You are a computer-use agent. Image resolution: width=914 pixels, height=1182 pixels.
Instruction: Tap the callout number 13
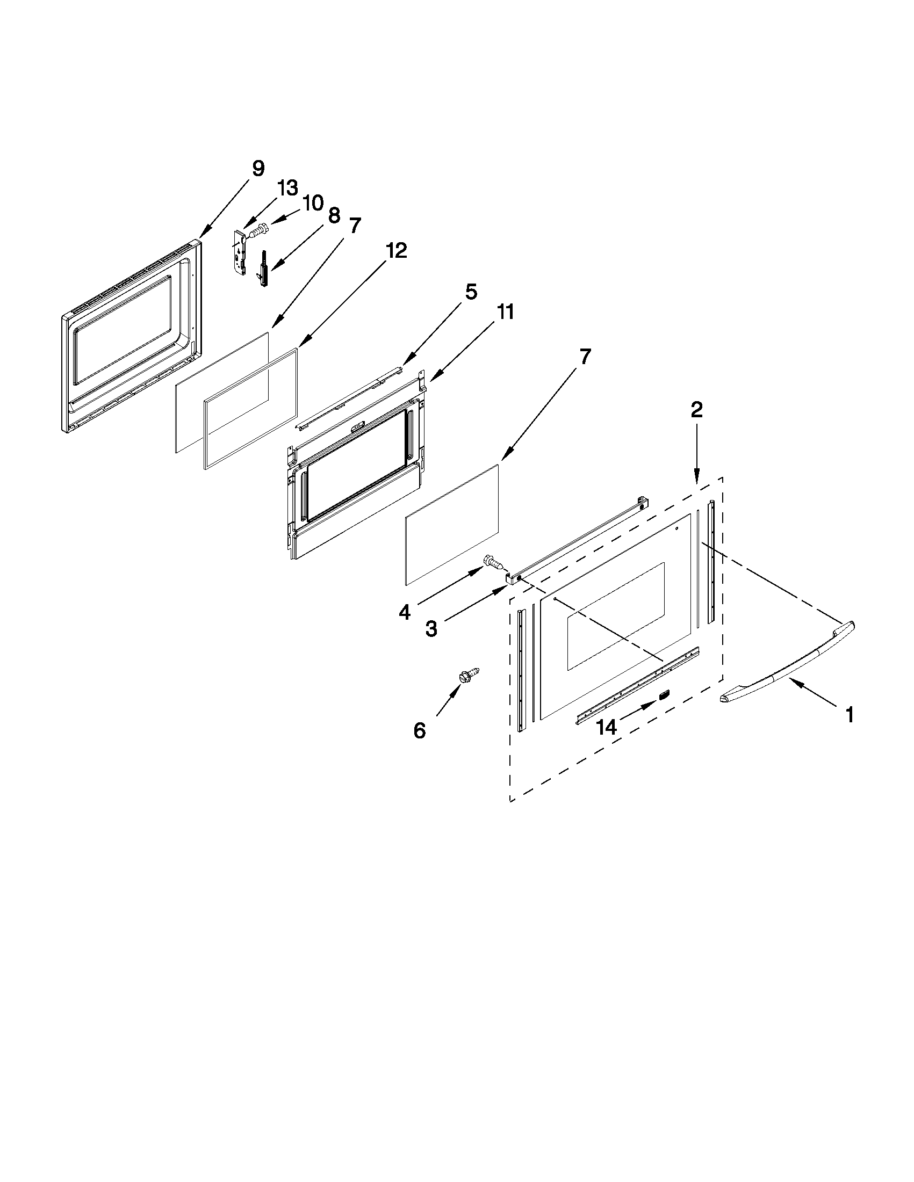coord(287,188)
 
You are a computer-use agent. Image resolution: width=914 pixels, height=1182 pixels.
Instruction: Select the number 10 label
coord(313,203)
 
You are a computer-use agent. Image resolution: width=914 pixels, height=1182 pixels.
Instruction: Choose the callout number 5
coord(471,292)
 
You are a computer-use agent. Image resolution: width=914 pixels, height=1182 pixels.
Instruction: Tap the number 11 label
coord(505,312)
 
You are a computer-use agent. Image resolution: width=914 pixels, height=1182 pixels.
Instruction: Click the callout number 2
coord(696,410)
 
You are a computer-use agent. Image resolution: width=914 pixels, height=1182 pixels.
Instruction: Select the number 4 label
coord(405,612)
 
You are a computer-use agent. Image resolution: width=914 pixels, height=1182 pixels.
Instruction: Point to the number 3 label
coord(431,629)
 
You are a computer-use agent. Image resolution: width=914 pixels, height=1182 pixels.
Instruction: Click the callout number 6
coord(420,731)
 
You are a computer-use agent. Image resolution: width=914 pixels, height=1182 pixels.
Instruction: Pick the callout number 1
coord(850,715)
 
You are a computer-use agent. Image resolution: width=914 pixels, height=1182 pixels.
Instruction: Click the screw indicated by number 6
coord(469,674)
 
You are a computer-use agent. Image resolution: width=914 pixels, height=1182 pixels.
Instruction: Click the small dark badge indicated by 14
coord(663,694)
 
